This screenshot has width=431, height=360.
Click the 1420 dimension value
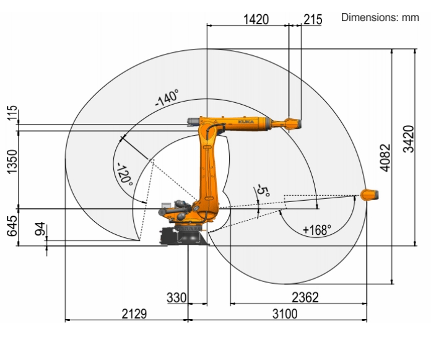[256, 20]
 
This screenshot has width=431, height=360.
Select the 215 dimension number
[313, 20]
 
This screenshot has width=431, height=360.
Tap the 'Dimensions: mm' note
[380, 17]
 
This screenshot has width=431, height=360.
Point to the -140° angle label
[167, 98]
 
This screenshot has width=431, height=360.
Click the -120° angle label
[125, 174]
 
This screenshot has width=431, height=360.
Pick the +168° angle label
[316, 230]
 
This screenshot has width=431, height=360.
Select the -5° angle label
[263, 191]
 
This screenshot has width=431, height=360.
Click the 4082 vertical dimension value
[385, 157]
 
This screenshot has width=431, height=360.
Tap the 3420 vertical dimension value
[409, 139]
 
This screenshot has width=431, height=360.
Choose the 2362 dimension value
[305, 297]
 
